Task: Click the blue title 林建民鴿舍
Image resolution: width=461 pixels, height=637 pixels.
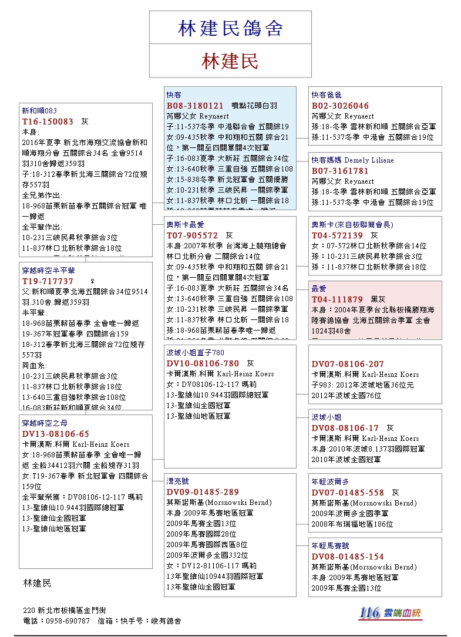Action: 230,28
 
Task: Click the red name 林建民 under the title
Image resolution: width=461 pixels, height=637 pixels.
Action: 230,61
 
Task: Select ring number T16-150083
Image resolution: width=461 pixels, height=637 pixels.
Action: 48,122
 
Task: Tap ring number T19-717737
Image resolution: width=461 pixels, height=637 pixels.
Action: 48,281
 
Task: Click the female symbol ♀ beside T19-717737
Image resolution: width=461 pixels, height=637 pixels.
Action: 92,281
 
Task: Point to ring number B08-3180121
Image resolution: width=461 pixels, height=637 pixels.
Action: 195,106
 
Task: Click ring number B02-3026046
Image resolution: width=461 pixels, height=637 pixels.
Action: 340,106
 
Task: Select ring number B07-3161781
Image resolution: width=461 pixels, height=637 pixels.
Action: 340,171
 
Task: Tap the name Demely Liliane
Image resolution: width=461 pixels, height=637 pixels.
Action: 369,160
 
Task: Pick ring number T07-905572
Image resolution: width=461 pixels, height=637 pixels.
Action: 192,235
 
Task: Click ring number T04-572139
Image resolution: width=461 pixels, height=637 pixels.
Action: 337,235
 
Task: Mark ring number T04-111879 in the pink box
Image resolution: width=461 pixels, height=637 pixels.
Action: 337,299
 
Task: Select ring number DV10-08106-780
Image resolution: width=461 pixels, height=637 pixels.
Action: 203,363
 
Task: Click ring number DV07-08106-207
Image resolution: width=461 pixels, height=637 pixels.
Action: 348,364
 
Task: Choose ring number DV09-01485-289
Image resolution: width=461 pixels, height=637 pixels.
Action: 203,492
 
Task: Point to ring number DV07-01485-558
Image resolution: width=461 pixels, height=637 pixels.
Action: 348,493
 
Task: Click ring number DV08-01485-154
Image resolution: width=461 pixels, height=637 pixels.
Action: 348,557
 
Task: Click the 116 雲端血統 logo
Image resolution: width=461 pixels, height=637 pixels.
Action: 391,613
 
